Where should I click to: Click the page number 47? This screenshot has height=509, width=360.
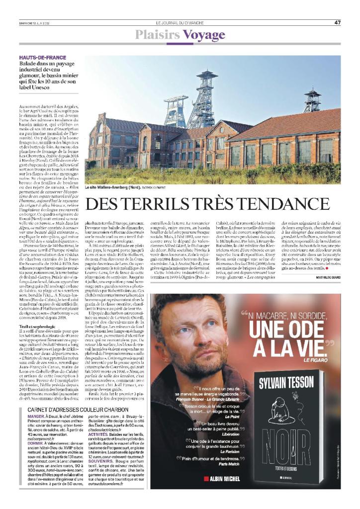[x=338, y=22]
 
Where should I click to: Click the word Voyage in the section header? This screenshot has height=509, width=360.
[x=204, y=35]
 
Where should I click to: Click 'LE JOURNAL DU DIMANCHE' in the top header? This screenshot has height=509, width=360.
[x=180, y=22]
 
